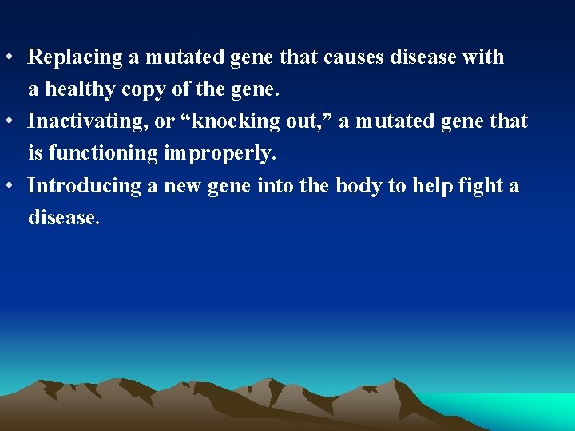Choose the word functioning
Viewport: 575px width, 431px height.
pos(104,153)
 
